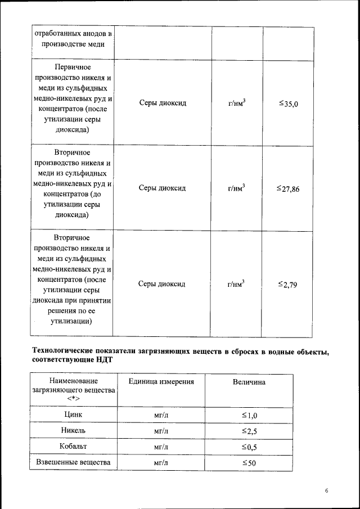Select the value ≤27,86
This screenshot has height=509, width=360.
coord(287,188)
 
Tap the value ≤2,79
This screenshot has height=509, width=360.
coord(287,285)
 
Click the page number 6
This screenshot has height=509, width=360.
coord(327,491)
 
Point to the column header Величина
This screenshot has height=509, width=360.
coord(249,382)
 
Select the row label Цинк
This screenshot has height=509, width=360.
coord(74,415)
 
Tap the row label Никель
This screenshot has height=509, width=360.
coord(74,430)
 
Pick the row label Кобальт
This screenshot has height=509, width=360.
coord(74,447)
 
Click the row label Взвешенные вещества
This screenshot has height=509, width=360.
coord(74,462)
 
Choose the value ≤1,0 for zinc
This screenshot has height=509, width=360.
coord(249,415)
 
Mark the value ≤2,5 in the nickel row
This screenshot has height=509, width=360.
coord(249,431)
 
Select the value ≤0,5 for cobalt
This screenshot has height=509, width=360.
coord(249,447)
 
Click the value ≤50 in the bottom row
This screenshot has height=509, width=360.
coord(249,463)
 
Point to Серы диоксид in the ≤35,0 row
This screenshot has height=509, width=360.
coord(162,103)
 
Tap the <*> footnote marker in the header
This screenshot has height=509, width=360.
coord(74,399)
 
